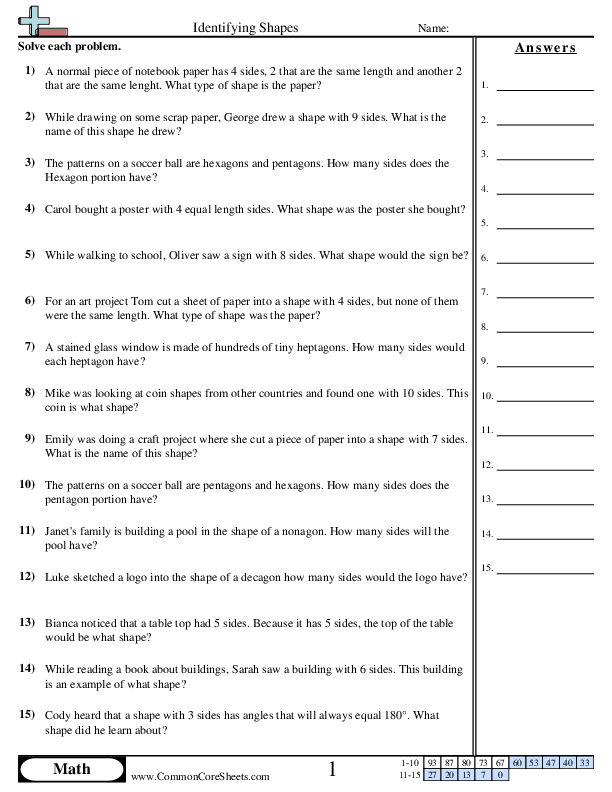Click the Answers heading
pos(545,48)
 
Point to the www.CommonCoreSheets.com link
pos(200,776)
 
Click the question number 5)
pos(30,255)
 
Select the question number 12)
pos(27,577)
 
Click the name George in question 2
pos(233,117)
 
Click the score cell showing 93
pos(432,763)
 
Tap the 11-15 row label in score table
pos(407,775)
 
